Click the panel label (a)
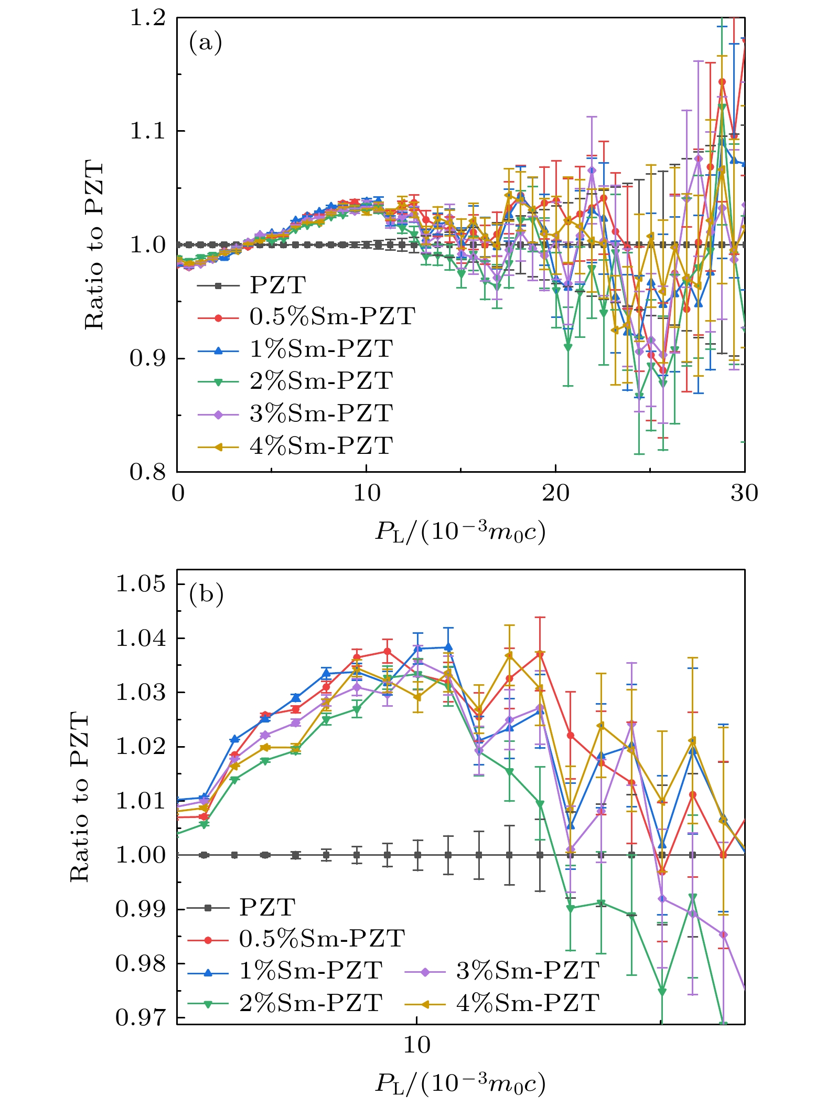tap(206, 43)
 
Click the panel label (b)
tap(206, 594)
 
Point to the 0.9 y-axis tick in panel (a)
tap(147, 358)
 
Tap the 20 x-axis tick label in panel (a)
tap(555, 493)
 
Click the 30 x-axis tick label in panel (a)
tap(744, 493)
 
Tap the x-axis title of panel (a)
tap(460, 532)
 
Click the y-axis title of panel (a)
tap(94, 245)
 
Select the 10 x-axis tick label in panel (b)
tap(417, 1045)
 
